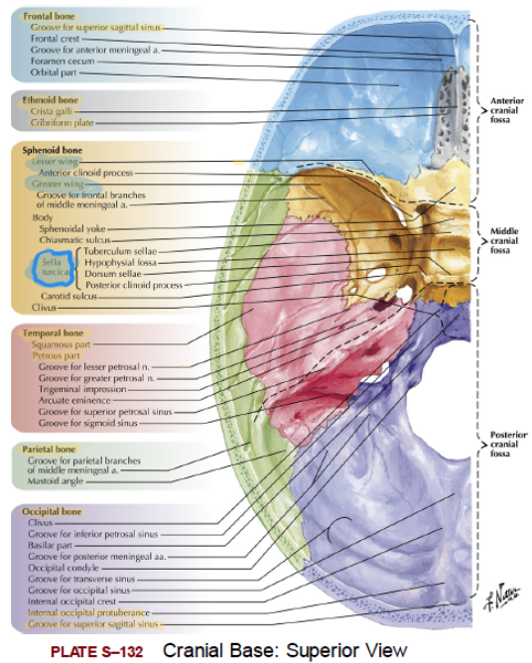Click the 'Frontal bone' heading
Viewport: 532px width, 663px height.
coord(49,17)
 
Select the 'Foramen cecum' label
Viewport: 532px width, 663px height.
coord(63,61)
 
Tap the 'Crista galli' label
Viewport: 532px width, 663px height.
coord(52,111)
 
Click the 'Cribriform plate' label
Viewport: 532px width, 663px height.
coord(62,123)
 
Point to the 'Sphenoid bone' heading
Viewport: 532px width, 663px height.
coord(52,150)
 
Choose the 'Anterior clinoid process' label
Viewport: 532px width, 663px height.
coord(85,173)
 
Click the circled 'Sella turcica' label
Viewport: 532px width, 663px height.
coord(55,267)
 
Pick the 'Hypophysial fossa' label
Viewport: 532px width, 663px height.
coord(120,263)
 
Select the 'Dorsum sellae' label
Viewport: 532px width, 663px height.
coord(113,274)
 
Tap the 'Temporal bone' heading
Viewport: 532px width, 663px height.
coord(53,333)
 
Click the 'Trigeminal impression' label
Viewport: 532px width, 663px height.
coord(82,389)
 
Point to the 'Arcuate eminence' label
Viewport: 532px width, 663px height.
coord(74,400)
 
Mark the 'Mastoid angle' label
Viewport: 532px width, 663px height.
coord(56,481)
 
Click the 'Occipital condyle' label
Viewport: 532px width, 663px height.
coord(64,568)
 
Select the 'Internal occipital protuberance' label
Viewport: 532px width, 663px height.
coord(88,612)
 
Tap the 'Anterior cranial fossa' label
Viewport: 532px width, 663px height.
coord(506,110)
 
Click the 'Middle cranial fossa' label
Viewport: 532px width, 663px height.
coord(504,240)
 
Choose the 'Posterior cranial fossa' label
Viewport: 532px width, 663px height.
coord(508,444)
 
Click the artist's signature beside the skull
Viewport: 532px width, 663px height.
coord(502,597)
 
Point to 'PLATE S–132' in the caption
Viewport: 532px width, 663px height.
coord(97,651)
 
